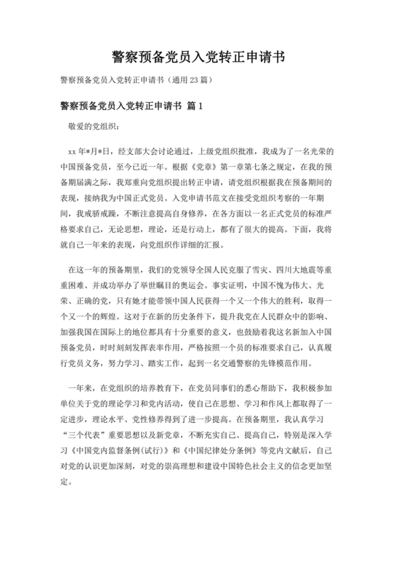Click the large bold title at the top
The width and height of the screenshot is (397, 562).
(198, 56)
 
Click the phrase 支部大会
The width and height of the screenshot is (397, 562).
(145, 151)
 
